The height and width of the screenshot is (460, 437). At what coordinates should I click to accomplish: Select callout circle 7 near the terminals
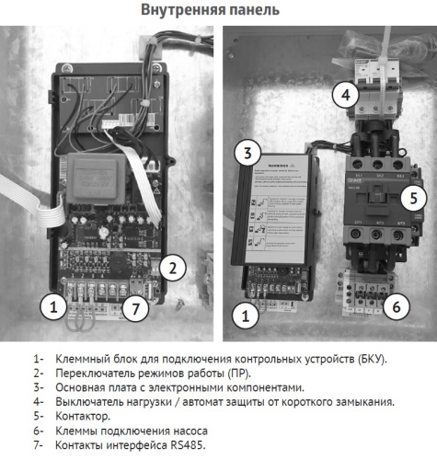tap(135, 308)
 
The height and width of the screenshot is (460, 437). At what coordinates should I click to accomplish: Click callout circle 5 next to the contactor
tap(415, 197)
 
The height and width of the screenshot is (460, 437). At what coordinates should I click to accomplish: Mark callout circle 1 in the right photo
tap(245, 316)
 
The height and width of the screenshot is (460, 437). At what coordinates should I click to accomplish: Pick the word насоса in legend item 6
tap(190, 431)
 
